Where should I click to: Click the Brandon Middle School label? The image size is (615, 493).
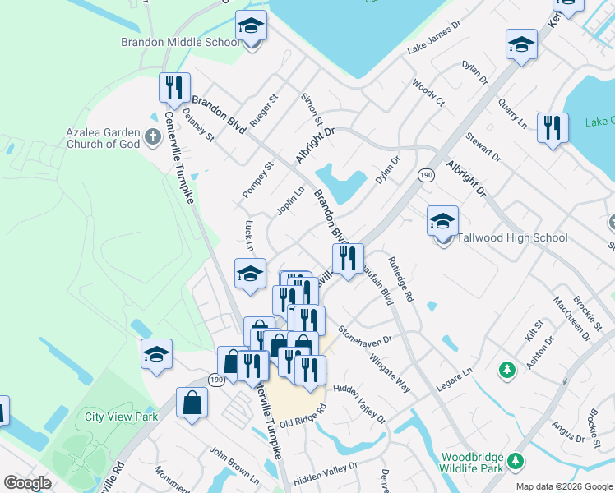point(180,42)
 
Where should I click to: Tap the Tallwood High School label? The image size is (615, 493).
point(514,238)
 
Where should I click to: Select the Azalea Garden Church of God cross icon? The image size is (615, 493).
point(152,136)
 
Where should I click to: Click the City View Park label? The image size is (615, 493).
point(121,417)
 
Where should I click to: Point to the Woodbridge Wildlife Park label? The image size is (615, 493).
point(471,463)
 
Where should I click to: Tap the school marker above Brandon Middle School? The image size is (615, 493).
point(251,26)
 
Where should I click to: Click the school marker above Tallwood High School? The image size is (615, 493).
point(442,220)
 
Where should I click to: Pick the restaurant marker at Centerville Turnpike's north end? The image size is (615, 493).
point(174,87)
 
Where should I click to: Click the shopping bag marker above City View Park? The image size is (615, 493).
point(192,403)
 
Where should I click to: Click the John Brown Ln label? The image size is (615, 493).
point(234,465)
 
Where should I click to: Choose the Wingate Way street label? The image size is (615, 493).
point(390,371)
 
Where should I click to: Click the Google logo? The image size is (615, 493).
point(28,483)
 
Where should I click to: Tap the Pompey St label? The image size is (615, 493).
point(256,180)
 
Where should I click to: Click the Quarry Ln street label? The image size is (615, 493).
point(512,114)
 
